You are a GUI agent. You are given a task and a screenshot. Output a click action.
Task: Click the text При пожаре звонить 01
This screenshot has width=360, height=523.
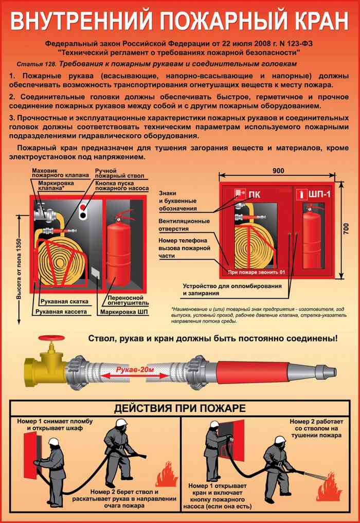point(256,272)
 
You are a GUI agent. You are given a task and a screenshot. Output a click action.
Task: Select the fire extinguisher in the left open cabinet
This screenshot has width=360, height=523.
point(118,247)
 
